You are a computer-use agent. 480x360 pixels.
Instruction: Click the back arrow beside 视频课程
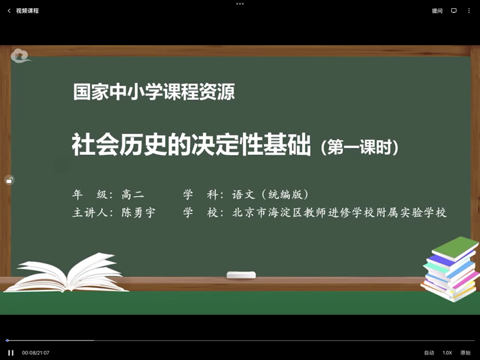click(9, 11)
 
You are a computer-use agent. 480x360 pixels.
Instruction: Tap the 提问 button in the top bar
click(437, 11)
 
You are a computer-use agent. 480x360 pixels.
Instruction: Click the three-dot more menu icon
click(469, 11)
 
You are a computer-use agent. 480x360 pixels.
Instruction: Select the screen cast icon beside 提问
click(453, 11)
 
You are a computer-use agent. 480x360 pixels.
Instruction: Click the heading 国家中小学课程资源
click(154, 93)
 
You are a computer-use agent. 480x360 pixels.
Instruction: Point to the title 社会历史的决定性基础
click(191, 145)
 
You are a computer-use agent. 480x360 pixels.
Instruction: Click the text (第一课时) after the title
click(359, 147)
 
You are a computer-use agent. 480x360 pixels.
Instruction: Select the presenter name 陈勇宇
click(139, 213)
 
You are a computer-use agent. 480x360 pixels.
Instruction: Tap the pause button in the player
click(11, 352)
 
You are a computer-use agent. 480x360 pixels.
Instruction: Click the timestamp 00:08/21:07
click(36, 352)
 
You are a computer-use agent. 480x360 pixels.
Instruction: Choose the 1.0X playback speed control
click(447, 352)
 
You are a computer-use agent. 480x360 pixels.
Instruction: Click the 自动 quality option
click(429, 352)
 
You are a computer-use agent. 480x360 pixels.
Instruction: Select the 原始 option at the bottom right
click(466, 352)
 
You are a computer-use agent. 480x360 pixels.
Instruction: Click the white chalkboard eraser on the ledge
click(241, 275)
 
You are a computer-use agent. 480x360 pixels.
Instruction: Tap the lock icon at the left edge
click(9, 180)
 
